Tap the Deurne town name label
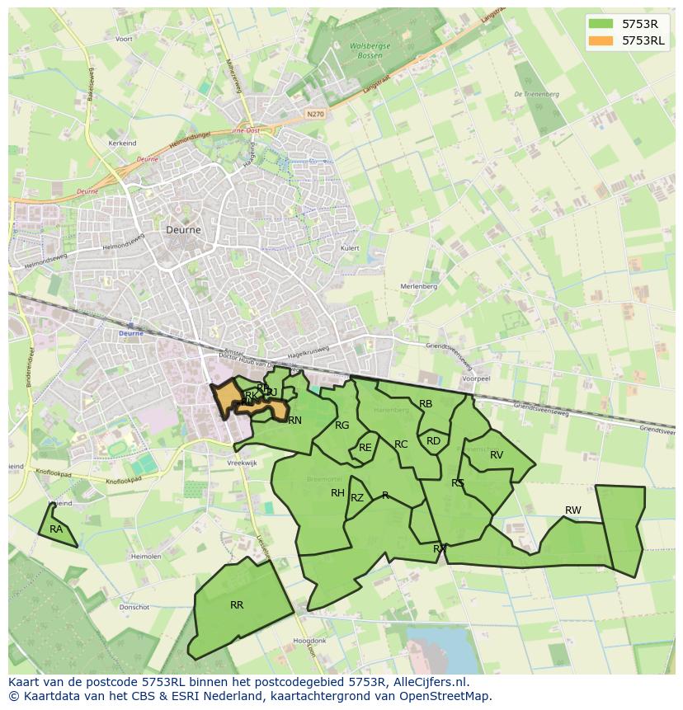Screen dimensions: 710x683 pos(183,230)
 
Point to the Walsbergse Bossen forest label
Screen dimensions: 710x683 pos(370,51)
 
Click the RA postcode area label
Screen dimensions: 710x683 pos(56,529)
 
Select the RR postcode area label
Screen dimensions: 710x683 pos(237,605)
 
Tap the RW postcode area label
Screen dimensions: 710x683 pos(572,510)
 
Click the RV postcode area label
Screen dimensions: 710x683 pos(497,455)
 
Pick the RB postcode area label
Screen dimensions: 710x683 pos(426,404)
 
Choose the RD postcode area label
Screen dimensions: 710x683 pos(433,441)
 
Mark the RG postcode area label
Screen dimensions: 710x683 pos(342,426)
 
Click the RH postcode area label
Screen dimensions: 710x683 pos(337,493)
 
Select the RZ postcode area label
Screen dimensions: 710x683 pos(357,498)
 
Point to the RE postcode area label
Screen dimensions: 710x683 pos(365,448)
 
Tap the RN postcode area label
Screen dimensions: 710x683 pos(294,421)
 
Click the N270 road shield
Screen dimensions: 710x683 pos(314,114)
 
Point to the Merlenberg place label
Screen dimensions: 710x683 pos(418,286)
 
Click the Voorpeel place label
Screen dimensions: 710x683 pos(477,379)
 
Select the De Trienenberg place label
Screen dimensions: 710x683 pos(536,95)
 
